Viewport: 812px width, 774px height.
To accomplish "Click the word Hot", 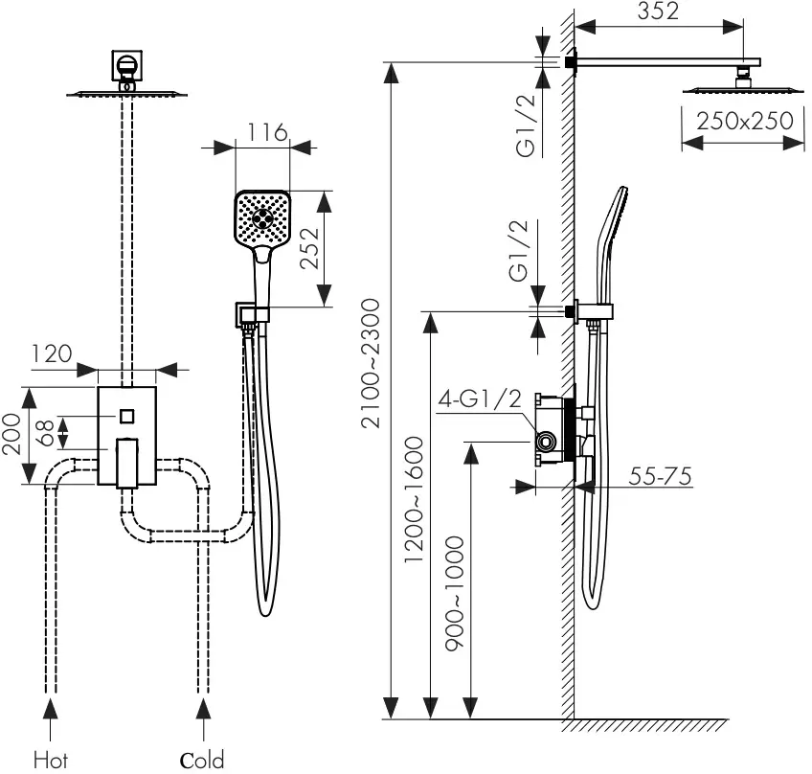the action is [51, 760].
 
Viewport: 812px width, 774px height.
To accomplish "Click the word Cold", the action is [202, 760].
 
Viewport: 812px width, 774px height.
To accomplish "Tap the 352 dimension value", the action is [658, 11].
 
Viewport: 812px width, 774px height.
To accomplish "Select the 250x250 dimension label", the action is [745, 121].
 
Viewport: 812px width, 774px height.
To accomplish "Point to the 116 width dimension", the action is [267, 132].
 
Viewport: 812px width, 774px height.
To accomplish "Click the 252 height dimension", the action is [310, 249].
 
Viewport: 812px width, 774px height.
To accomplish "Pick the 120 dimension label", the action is [52, 353].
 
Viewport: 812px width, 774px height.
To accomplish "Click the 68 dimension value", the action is [45, 433].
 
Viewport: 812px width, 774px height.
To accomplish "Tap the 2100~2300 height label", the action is [371, 364].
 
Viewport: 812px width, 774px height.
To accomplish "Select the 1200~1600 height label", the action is [415, 500].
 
